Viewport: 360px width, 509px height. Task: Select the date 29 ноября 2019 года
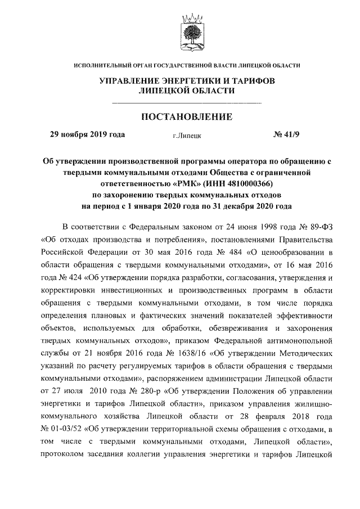[88, 135]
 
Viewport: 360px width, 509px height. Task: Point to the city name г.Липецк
[187, 136]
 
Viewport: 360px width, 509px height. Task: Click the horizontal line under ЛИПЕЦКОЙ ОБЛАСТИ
[187, 102]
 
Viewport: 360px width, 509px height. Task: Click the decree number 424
[71, 277]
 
